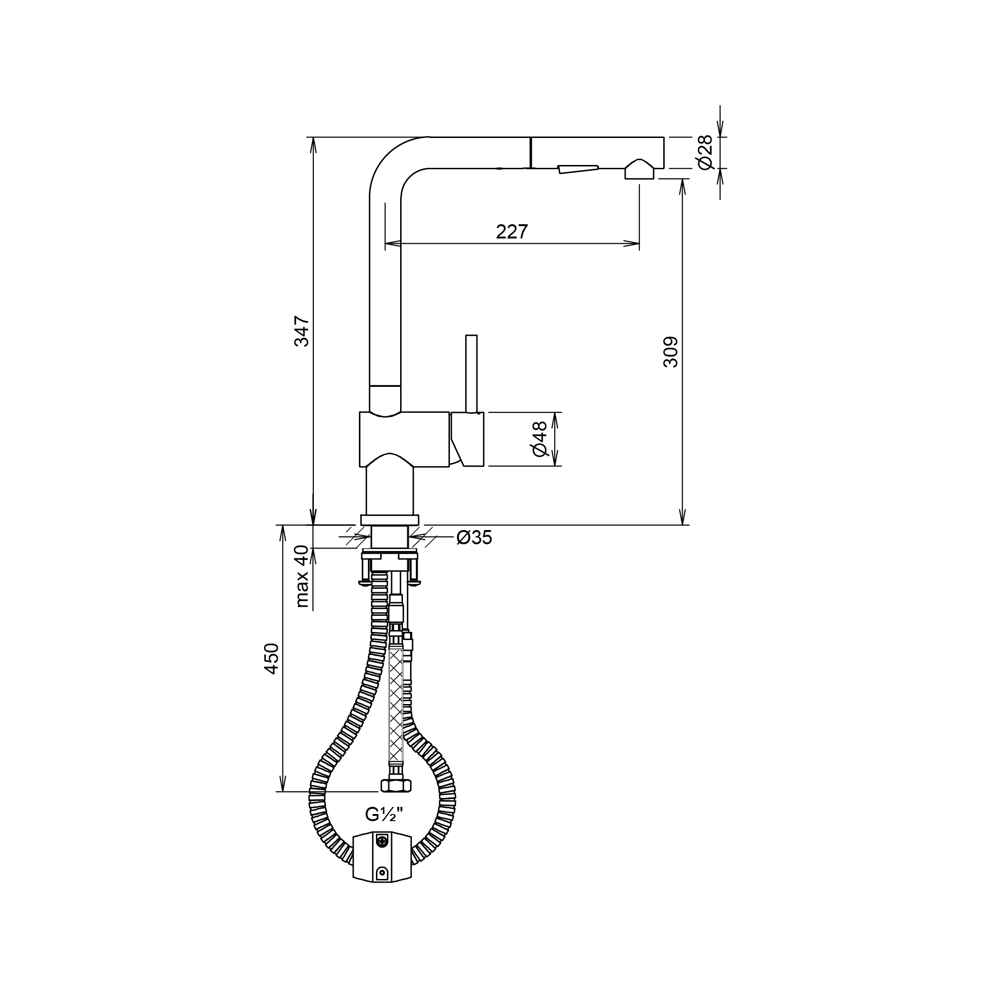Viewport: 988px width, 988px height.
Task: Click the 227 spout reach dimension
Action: point(512,232)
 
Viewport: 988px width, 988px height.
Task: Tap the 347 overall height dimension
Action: point(302,331)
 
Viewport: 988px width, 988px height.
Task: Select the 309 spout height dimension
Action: point(670,351)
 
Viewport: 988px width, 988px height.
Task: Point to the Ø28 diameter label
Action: point(704,152)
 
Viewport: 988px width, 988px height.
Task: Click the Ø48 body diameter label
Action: point(540,438)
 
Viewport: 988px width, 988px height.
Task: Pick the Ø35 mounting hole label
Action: point(474,538)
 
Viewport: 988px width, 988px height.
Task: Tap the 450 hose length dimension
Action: point(272,659)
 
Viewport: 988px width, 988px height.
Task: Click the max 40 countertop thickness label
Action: point(302,576)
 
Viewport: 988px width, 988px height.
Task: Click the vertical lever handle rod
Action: point(471,373)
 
